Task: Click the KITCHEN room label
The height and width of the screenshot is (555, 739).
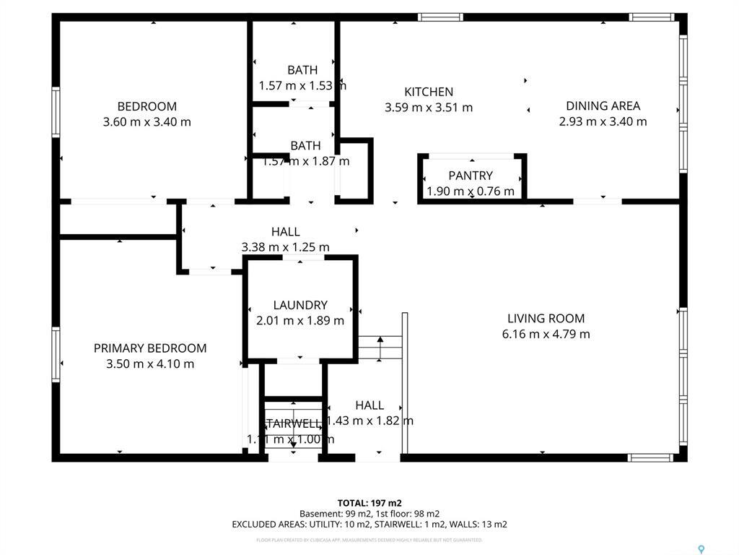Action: (429, 92)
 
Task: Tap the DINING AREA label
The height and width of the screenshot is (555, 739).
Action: (603, 106)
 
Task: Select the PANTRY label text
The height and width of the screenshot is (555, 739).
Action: (471, 176)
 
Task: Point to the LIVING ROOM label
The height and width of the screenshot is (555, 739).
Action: (546, 318)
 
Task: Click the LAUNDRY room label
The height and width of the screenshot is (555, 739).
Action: (300, 305)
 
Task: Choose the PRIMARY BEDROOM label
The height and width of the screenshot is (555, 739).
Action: (150, 348)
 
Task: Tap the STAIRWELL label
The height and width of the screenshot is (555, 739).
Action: (293, 423)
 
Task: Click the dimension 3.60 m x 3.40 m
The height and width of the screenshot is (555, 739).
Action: (147, 122)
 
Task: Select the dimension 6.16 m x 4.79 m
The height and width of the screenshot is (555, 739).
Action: (546, 334)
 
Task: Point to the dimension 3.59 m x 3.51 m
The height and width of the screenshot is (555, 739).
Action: (429, 108)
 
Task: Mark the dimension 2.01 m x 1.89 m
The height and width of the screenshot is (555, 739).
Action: (300, 321)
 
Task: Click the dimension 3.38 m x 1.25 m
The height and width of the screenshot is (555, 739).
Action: (285, 247)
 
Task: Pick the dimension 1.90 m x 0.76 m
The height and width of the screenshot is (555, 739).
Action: (471, 192)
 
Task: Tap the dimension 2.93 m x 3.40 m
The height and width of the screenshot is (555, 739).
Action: (603, 121)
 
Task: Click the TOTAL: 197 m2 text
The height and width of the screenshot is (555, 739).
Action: (369, 503)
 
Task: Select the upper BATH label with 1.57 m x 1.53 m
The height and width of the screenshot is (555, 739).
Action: (302, 70)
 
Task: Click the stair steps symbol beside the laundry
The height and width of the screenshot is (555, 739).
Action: (380, 348)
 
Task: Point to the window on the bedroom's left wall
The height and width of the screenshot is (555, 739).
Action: (56, 112)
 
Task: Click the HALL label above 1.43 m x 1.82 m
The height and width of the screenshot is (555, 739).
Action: (369, 405)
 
